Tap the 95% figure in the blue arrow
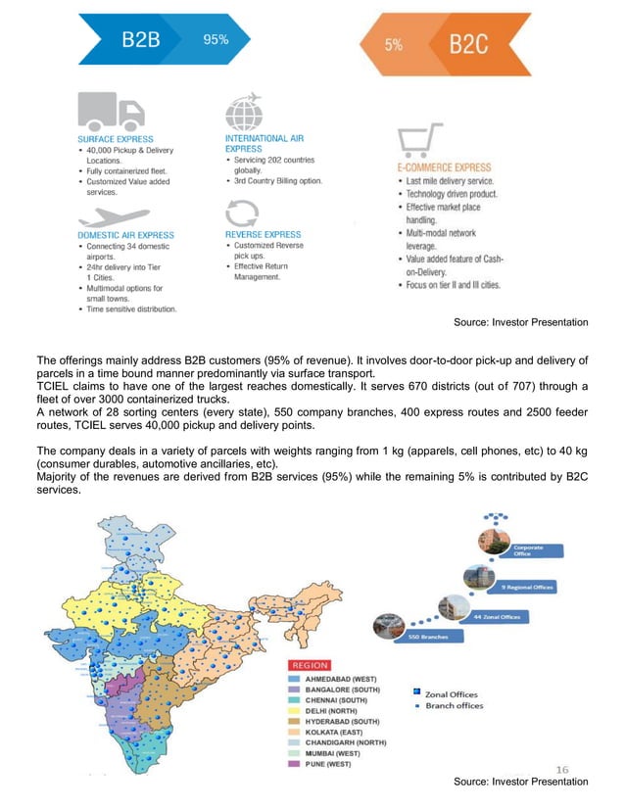pyautogui.click(x=216, y=40)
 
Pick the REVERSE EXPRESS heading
pyautogui.click(x=263, y=235)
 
